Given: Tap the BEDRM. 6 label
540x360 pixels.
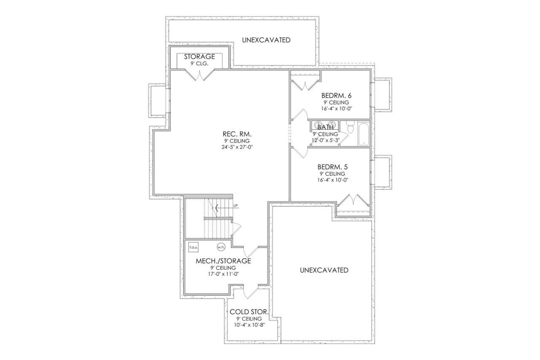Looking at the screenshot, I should point(336,95).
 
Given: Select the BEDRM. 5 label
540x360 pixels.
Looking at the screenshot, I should point(336,167).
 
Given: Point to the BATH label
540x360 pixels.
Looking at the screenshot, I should point(325,127).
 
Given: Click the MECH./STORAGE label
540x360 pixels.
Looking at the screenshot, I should point(223,261).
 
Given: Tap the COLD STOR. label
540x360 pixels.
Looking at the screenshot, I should point(249,312).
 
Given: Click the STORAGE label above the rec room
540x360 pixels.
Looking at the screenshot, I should point(199,56).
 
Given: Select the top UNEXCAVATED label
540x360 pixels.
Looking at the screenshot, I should point(266,40).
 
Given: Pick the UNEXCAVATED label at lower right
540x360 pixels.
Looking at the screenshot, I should point(324,270).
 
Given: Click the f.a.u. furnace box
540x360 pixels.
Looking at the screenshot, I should point(194,247).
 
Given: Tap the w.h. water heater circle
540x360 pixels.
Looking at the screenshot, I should point(221,247).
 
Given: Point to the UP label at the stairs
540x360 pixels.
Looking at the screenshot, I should point(235,206).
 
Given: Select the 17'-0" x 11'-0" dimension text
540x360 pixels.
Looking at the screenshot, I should point(223,274).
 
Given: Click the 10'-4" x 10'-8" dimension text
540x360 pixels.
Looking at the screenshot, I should point(249,325).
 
